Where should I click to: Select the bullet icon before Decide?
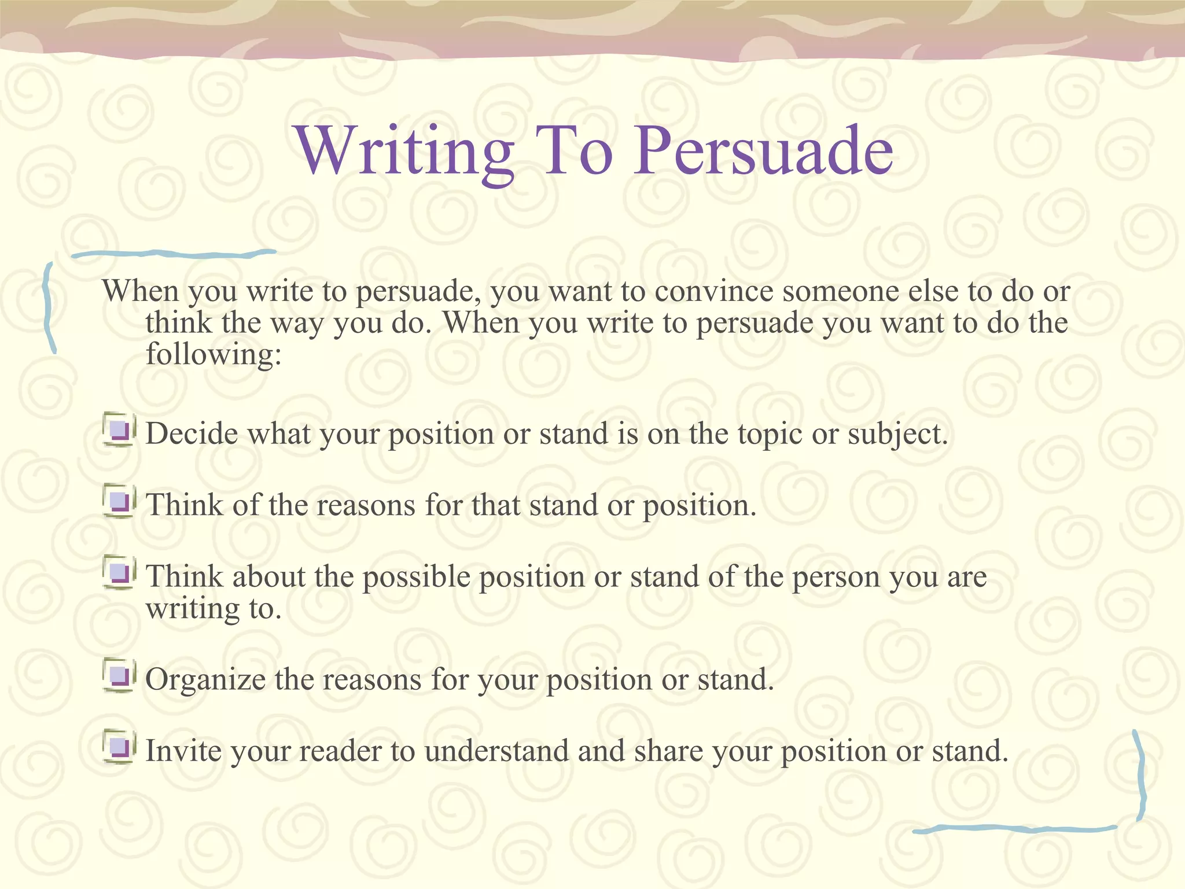coord(120,430)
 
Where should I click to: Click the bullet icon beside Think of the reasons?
coord(120,501)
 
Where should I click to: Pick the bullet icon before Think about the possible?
coord(120,573)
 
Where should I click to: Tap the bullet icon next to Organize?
coord(120,675)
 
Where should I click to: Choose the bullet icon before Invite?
coord(120,747)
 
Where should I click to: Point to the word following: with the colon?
coord(213,355)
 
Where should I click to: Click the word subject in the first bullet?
coord(897,434)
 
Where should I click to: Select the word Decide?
coord(192,434)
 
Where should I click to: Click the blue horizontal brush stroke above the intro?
coord(174,254)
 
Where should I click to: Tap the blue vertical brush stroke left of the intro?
coord(49,307)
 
